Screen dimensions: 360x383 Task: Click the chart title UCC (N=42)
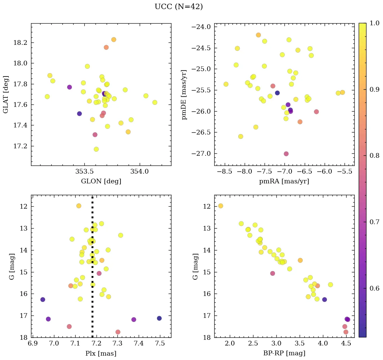[x=179, y=7]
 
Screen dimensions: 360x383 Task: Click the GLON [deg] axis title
[x=101, y=181]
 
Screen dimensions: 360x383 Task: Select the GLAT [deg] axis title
[x=6, y=94]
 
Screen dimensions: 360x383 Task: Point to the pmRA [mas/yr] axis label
[x=284, y=181]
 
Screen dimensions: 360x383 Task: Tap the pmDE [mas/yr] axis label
[x=184, y=94]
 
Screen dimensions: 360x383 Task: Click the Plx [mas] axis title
[x=101, y=353]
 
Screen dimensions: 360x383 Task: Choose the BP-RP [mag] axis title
[x=284, y=353]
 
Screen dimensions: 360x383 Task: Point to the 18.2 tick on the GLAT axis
[x=21, y=42]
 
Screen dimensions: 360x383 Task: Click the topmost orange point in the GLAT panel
[x=114, y=39]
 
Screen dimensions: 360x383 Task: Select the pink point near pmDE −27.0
[x=286, y=154]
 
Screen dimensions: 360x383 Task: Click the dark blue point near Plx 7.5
[x=159, y=318]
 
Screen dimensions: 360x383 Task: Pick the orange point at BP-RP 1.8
[x=221, y=206]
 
